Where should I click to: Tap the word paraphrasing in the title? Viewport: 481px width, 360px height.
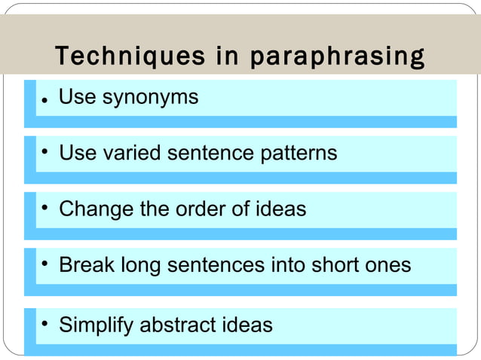pos(337,56)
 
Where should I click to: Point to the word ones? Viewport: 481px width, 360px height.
pos(391,265)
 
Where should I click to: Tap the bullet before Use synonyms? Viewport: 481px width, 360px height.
pos(45,100)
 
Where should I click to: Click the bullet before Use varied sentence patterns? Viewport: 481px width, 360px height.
pos(45,153)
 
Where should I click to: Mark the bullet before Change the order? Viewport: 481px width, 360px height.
pos(45,207)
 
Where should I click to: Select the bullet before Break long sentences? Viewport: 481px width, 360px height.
pos(45,264)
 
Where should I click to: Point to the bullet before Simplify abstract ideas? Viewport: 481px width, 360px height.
pos(45,324)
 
